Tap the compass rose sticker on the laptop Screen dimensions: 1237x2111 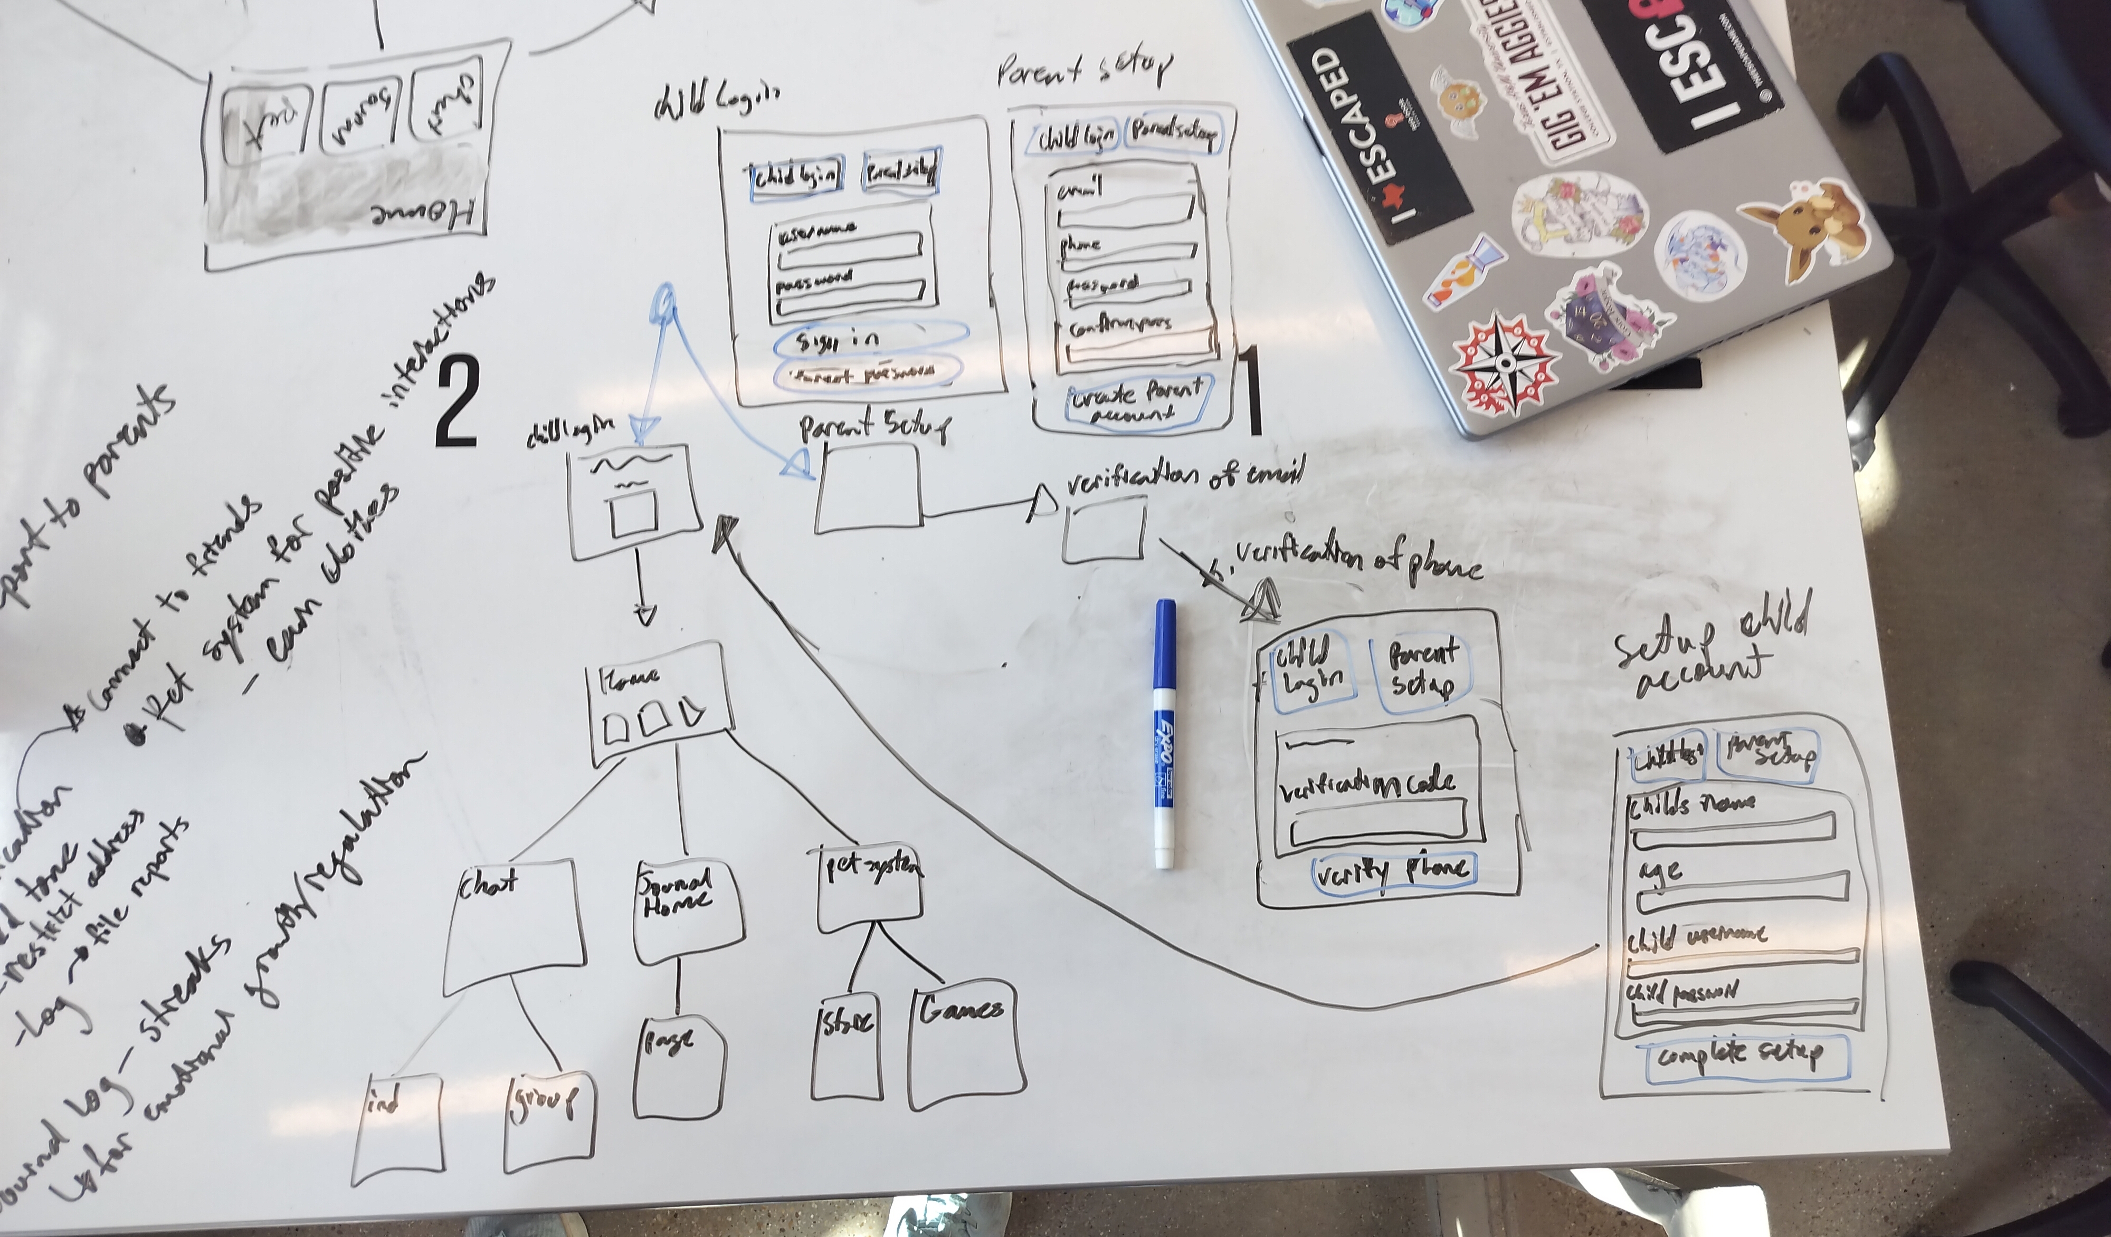(1505, 362)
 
